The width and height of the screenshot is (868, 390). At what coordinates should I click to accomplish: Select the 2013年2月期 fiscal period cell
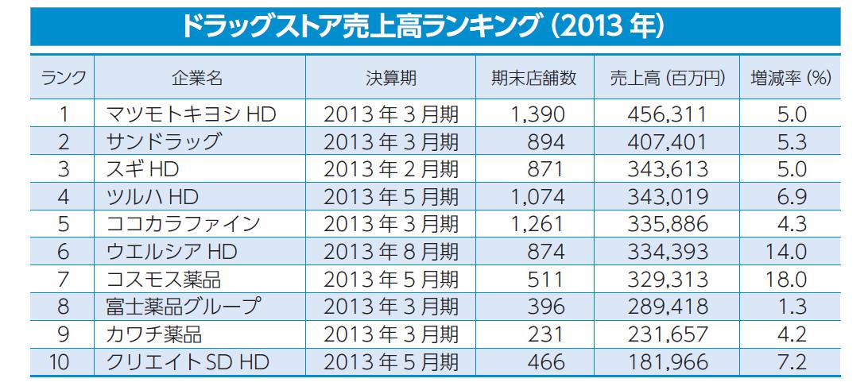390,170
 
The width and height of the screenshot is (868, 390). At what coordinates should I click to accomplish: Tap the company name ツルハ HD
152,197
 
